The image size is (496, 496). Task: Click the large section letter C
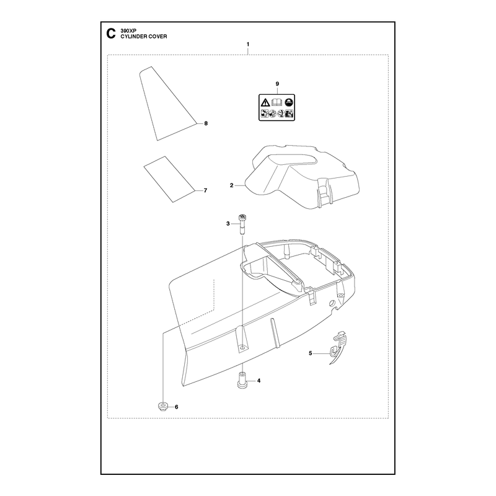pyautogui.click(x=111, y=33)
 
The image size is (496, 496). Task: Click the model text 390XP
pyautogui.click(x=127, y=31)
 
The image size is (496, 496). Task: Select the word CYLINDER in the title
pyautogui.click(x=134, y=37)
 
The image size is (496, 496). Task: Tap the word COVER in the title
pyautogui.click(x=158, y=37)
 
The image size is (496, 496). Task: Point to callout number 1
pyautogui.click(x=248, y=44)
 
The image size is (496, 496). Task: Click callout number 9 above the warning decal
pyautogui.click(x=277, y=84)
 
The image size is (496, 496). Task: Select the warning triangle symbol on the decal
pyautogui.click(x=265, y=102)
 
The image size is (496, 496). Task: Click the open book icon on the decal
pyautogui.click(x=277, y=102)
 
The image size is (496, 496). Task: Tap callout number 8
pyautogui.click(x=206, y=123)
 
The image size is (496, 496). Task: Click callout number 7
pyautogui.click(x=206, y=190)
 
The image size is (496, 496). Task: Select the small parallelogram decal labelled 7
pyautogui.click(x=169, y=179)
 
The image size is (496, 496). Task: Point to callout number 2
pyautogui.click(x=231, y=185)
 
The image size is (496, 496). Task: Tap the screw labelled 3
pyautogui.click(x=242, y=224)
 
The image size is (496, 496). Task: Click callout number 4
pyautogui.click(x=259, y=381)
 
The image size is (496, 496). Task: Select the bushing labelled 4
pyautogui.click(x=242, y=381)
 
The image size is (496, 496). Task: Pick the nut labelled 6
pyautogui.click(x=162, y=407)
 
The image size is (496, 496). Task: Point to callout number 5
pyautogui.click(x=311, y=353)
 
